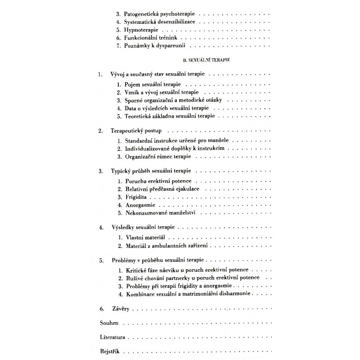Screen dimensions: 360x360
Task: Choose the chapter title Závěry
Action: (x=119, y=310)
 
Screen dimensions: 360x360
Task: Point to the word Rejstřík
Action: (x=109, y=351)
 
